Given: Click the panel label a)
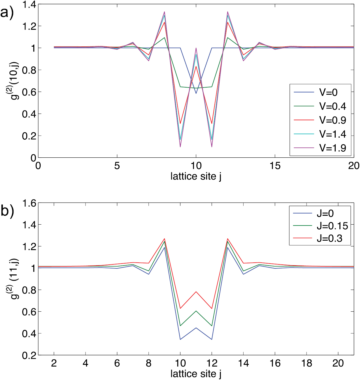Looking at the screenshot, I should tap(7, 13).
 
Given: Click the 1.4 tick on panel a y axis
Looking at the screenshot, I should tap(29, 4).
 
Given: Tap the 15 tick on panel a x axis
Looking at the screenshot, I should tap(275, 166).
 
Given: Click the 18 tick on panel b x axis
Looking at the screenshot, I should tap(307, 363).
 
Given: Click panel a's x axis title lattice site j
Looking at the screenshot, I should tap(196, 176).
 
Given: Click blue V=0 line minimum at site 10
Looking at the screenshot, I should tap(196, 93).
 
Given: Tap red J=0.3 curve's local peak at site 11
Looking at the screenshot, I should tap(196, 292).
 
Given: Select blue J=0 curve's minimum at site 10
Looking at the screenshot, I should tap(180, 339).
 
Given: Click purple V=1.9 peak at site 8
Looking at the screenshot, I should tap(164, 12).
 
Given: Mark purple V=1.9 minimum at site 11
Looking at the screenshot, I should tap(212, 147).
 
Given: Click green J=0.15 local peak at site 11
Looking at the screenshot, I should tap(196, 311).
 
